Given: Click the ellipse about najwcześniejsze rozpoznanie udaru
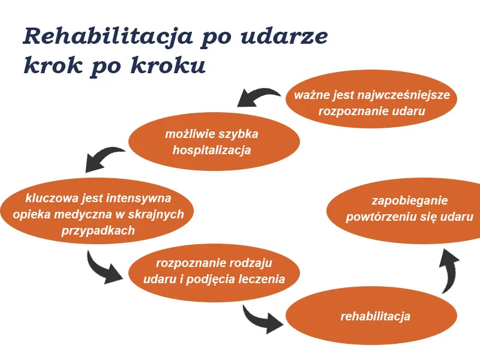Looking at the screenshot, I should coord(372,103).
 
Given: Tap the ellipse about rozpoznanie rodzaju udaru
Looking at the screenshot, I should coord(214,271).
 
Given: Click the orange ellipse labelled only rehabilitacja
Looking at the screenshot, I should coord(375,316).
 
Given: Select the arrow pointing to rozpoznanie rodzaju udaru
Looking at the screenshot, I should coord(105,268).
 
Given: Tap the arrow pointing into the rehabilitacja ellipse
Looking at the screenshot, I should coord(262,319).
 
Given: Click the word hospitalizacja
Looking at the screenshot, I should coord(211,150).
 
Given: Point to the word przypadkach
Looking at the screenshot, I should coord(98,230).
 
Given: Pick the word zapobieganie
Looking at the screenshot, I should coord(409,201).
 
